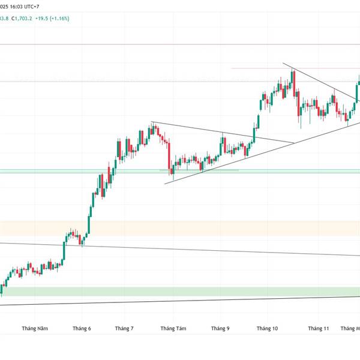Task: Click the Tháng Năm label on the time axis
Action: point(35,328)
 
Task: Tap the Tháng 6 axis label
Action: point(82,328)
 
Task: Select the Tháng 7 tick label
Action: point(124,328)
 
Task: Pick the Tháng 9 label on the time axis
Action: point(220,328)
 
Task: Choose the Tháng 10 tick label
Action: point(267,328)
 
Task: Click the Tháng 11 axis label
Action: point(319,328)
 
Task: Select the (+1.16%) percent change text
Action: point(76,19)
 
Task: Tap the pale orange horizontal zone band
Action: point(180,228)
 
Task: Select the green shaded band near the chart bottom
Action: point(180,291)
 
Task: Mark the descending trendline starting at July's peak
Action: point(222,133)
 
